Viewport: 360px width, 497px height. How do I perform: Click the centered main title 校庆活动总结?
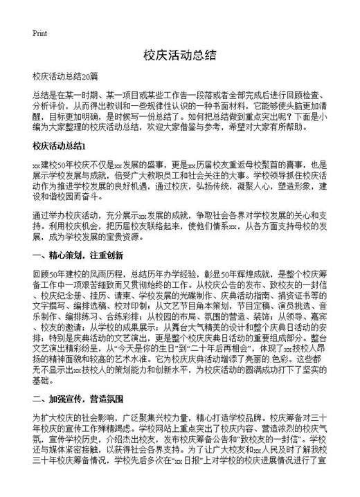(179, 55)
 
